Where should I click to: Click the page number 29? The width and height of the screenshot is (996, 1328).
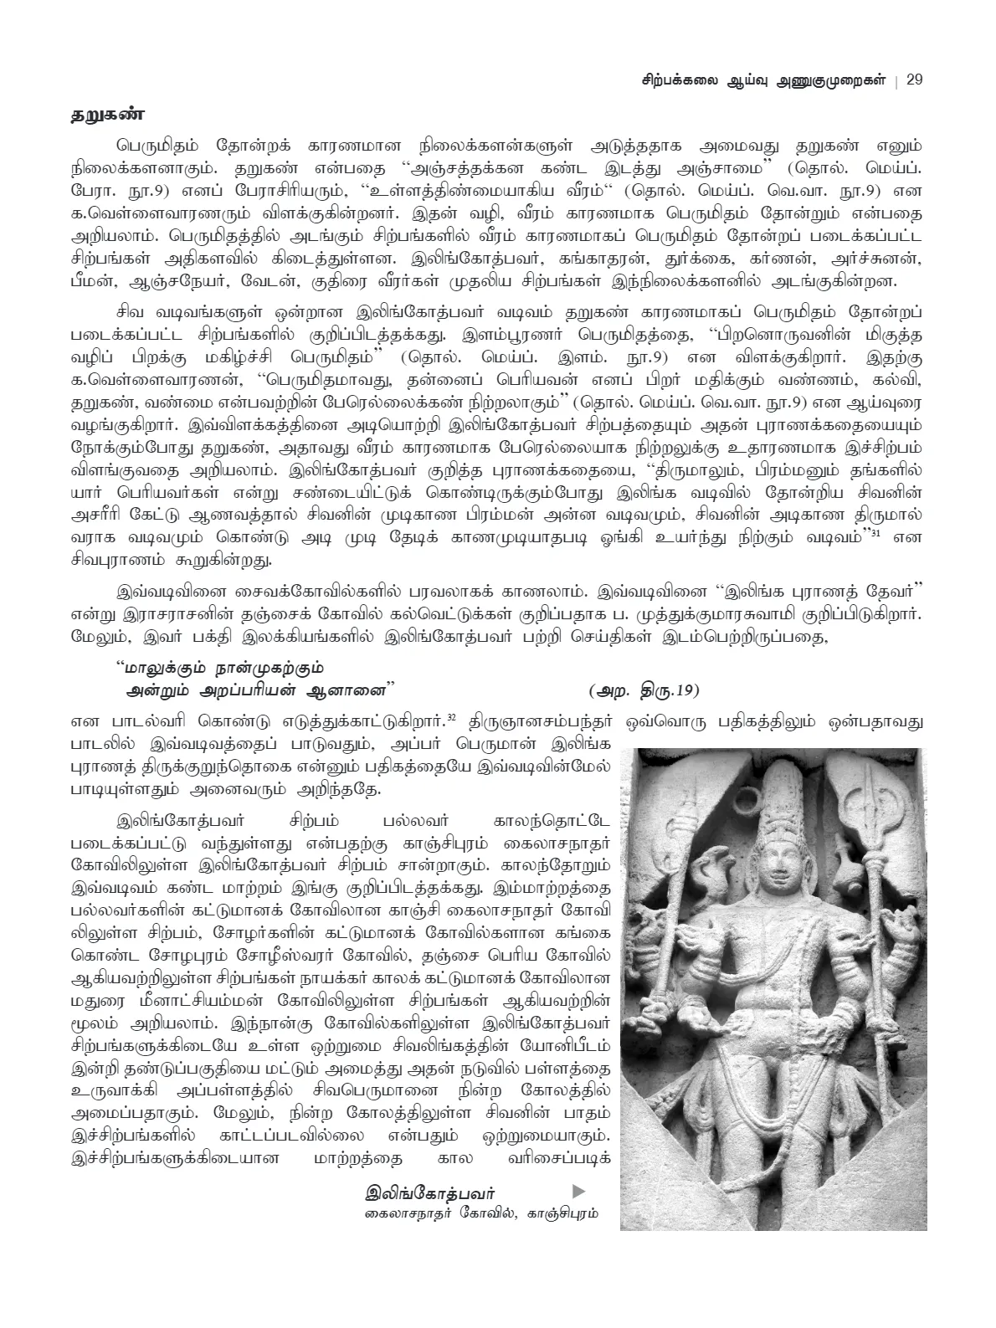tap(914, 80)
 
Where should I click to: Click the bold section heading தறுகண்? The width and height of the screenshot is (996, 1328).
tap(106, 115)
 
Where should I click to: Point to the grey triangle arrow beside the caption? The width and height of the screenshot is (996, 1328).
tap(578, 1191)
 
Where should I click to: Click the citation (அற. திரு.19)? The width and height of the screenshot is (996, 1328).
tap(643, 690)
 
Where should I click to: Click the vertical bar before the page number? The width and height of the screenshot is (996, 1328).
tap(896, 80)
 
